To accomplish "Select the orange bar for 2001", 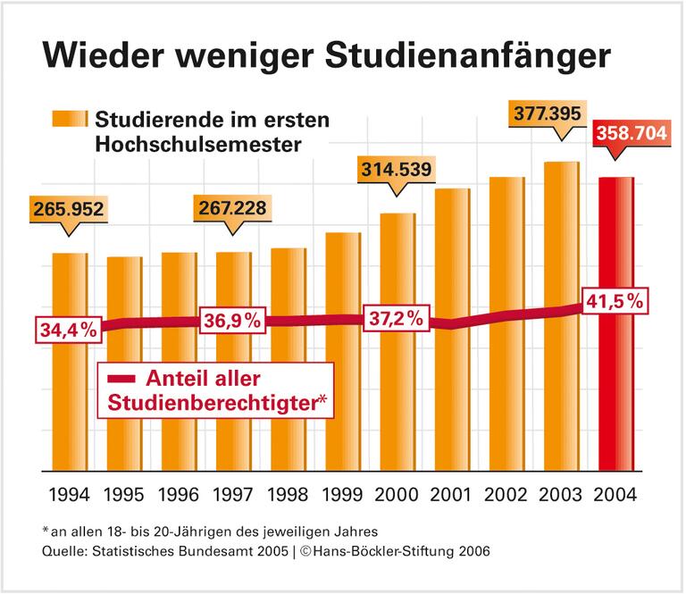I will point(452,393).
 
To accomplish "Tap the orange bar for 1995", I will point(124,402).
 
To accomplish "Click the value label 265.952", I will point(68,211).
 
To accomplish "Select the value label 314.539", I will point(396,170).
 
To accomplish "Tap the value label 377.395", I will point(558,114).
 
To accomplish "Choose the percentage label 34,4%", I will point(68,330).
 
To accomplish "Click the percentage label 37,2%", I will point(394,319).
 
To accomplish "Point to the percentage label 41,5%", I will point(614,301).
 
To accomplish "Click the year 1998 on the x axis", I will point(288,494).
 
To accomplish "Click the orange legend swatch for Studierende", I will point(69,119).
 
